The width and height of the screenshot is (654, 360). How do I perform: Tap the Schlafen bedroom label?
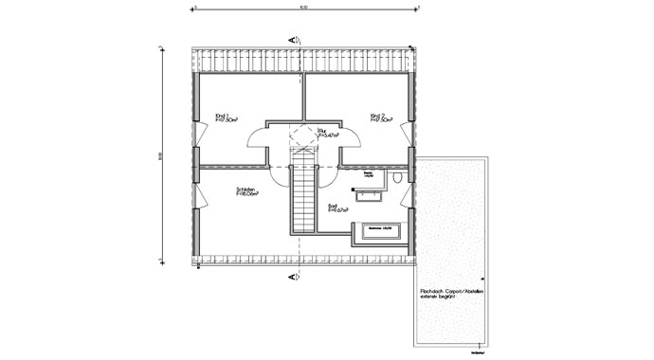[247, 192]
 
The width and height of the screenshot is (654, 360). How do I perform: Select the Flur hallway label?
[323, 134]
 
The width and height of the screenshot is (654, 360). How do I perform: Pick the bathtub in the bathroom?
[381, 229]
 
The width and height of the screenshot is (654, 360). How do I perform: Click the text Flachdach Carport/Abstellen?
[452, 291]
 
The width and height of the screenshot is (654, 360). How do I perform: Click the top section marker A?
[295, 40]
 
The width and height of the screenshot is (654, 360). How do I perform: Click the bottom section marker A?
[295, 277]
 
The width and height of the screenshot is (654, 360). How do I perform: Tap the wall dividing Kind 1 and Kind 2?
[302, 96]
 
